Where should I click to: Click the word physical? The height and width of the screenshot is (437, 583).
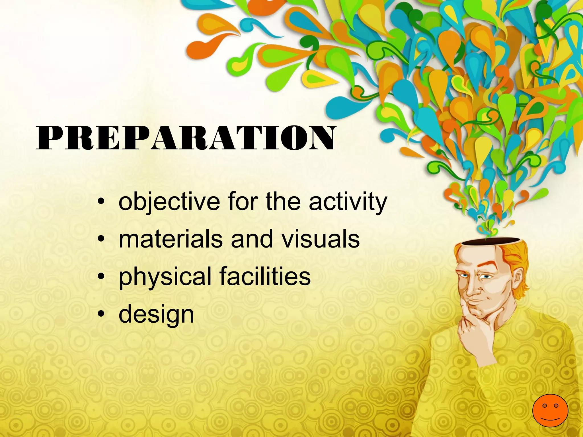click(x=165, y=277)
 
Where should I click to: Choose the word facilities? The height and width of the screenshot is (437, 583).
click(x=265, y=277)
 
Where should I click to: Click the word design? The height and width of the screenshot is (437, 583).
click(x=156, y=315)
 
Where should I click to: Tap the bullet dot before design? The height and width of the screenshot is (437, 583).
click(x=101, y=315)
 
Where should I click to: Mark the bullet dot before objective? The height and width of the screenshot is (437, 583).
click(x=101, y=202)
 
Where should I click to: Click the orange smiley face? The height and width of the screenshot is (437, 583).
click(x=550, y=410)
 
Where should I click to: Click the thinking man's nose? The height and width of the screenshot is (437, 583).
click(x=471, y=289)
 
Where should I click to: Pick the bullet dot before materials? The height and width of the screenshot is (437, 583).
click(x=101, y=240)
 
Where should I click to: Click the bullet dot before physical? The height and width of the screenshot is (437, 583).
click(x=101, y=277)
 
